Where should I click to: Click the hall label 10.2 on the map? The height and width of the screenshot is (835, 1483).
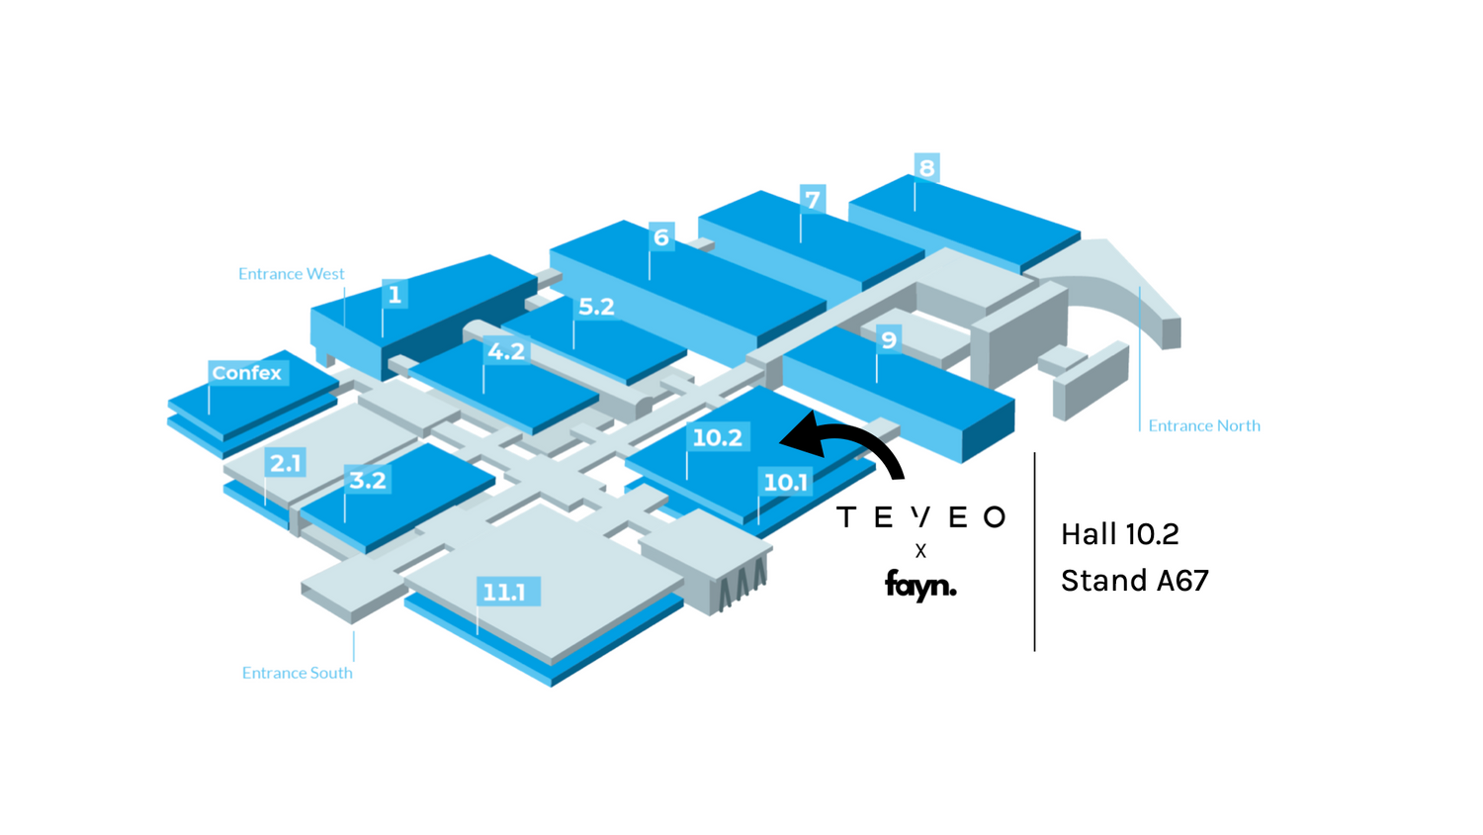[717, 437]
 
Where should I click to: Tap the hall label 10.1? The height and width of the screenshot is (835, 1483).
[786, 482]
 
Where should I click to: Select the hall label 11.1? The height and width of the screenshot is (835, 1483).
[504, 592]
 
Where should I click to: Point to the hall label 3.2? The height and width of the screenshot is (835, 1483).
[368, 480]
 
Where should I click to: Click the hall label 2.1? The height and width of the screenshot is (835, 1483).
[286, 462]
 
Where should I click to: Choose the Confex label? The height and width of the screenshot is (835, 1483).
[247, 373]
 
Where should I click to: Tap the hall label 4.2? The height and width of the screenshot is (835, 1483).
[506, 350]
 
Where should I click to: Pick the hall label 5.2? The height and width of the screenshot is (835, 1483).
[596, 307]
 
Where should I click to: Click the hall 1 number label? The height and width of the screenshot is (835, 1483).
[394, 294]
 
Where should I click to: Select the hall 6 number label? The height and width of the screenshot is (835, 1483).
[661, 236]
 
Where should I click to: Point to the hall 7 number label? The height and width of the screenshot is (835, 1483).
[813, 199]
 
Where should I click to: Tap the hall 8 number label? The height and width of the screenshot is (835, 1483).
[926, 167]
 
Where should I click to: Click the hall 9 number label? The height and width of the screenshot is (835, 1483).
[889, 339]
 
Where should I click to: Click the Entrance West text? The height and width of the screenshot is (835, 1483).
[292, 274]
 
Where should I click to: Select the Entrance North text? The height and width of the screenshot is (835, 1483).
[1204, 425]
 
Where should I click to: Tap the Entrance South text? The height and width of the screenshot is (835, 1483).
[298, 673]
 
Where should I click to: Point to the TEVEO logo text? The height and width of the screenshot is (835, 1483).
[921, 516]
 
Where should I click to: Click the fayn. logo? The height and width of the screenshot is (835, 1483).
[920, 585]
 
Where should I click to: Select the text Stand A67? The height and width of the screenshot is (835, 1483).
[1135, 581]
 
